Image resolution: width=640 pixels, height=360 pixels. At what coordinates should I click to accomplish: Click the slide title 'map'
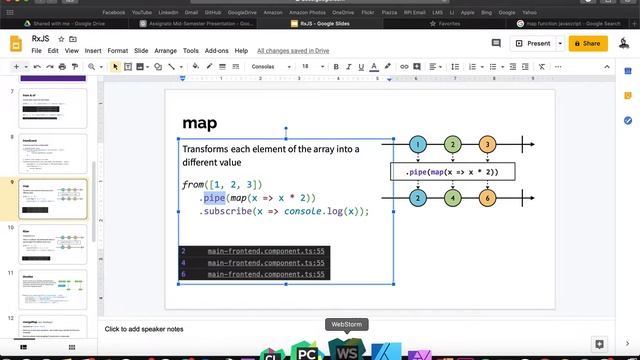pyautogui.click(x=201, y=123)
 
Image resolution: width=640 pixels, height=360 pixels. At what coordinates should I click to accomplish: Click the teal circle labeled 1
pyautogui.click(x=418, y=145)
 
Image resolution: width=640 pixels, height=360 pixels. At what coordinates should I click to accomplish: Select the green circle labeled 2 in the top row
pyautogui.click(x=452, y=145)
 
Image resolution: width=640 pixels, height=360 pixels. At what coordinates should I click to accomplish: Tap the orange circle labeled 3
pyautogui.click(x=487, y=145)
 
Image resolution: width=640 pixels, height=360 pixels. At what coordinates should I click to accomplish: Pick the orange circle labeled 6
pyautogui.click(x=487, y=198)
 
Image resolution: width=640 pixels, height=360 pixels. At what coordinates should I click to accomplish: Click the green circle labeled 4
pyautogui.click(x=452, y=198)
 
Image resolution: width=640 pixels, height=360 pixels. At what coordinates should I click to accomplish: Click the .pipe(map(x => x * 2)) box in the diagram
pyautogui.click(x=452, y=172)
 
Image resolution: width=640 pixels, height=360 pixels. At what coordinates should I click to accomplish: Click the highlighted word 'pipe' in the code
pyautogui.click(x=215, y=198)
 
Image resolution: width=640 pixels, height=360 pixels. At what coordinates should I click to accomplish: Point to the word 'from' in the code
pyautogui.click(x=193, y=185)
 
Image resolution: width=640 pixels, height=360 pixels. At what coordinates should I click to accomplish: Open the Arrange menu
pyautogui.click(x=165, y=50)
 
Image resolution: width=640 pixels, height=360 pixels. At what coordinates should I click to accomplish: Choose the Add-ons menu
pyautogui.click(x=217, y=50)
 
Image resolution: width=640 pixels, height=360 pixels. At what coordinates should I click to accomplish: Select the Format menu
pyautogui.click(x=118, y=50)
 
